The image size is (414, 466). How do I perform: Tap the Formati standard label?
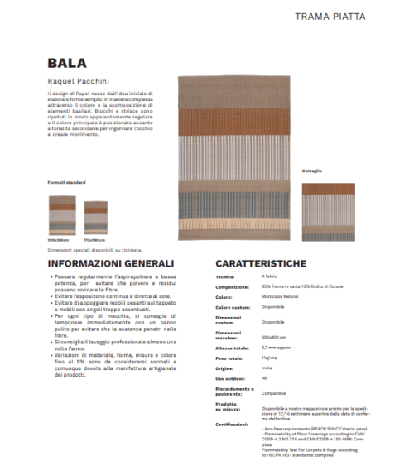pyautogui.click(x=66, y=182)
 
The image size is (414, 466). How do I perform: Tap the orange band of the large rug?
pyautogui.click(x=232, y=120)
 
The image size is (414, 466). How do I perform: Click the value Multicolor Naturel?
pyautogui.click(x=278, y=295)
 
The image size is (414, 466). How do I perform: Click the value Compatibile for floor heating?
pyautogui.click(x=274, y=392)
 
